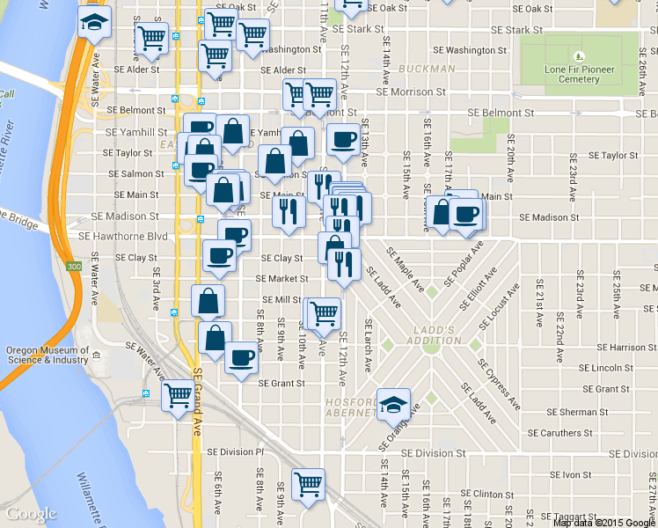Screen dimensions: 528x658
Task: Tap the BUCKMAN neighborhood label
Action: coord(427,69)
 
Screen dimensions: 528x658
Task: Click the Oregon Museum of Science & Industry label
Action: coord(45,355)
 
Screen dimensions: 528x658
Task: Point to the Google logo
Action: coord(31,513)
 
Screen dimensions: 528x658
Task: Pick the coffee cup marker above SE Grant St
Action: coord(241,357)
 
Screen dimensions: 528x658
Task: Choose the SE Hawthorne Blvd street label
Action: coord(123,237)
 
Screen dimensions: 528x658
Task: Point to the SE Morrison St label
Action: coord(411,92)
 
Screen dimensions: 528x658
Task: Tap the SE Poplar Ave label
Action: coord(463,260)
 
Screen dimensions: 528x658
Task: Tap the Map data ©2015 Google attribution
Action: coord(604,522)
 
